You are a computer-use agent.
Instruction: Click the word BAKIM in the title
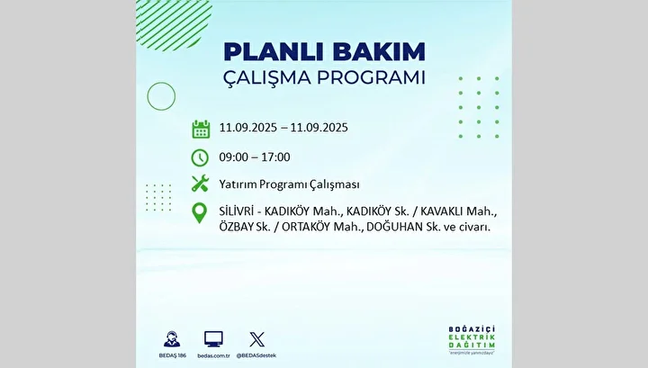(379, 52)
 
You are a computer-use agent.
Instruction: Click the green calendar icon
(201, 130)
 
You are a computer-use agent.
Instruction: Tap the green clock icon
(200, 157)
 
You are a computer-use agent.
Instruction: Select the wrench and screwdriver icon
(200, 184)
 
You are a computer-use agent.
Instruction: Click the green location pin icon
(200, 213)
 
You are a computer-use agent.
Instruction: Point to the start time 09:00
(233, 157)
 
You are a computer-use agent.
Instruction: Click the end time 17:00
(275, 157)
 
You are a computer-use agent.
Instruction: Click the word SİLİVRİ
(237, 211)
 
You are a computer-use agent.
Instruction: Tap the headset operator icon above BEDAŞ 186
(172, 339)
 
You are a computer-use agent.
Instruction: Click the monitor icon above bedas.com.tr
(213, 339)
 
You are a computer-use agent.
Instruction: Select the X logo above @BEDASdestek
(256, 339)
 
